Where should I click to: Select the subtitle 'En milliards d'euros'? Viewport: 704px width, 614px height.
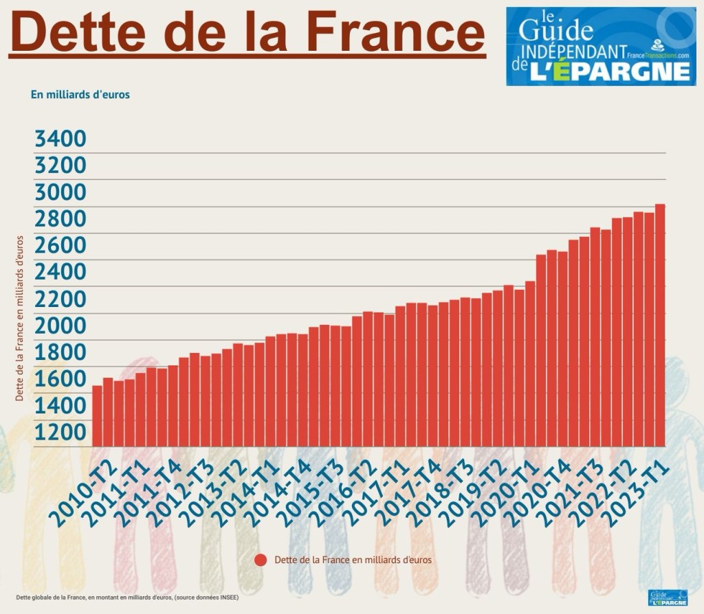[80, 95]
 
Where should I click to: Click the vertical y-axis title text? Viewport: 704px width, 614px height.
[21, 318]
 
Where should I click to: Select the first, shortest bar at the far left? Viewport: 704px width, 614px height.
[97, 416]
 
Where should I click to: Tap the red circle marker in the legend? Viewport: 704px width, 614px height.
[261, 560]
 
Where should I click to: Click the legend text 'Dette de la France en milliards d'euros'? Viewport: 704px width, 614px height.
[353, 560]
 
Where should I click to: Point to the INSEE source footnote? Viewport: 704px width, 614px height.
[127, 597]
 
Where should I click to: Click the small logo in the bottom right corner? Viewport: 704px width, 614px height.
[668, 598]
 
